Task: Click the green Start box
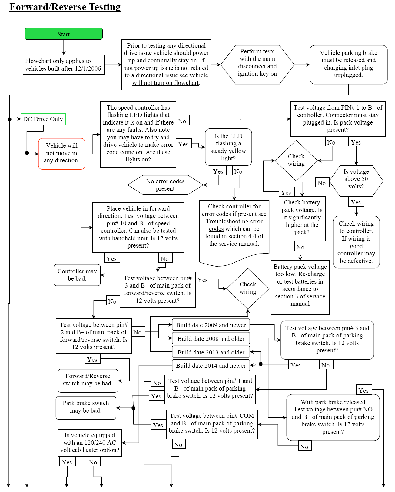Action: coord(64,34)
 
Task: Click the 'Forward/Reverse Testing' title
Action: coord(65,7)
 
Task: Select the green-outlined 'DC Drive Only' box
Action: coord(43,119)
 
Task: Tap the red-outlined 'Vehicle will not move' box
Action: coord(61,153)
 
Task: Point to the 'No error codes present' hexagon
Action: coord(165,185)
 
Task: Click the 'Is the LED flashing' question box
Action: coord(228,147)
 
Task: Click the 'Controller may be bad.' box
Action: coord(77,275)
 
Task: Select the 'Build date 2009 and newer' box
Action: coord(211,325)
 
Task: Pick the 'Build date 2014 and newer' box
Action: coord(211,366)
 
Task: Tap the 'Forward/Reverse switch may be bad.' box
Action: coord(88,380)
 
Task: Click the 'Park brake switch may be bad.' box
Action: coord(86,407)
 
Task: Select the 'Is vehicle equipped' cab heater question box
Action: coord(90,442)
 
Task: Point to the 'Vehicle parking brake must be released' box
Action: coord(348,64)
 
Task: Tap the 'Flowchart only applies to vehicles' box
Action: coord(64,65)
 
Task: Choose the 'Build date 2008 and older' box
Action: coord(211,339)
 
